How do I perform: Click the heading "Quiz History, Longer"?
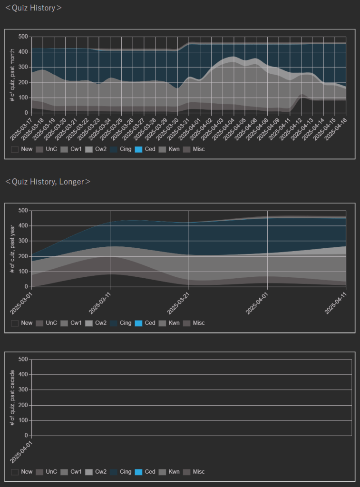point(48,182)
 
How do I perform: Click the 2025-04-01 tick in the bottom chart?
point(21,451)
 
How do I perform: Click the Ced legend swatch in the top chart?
point(138,149)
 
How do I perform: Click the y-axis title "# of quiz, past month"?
point(13,75)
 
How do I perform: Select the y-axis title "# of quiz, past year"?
point(13,248)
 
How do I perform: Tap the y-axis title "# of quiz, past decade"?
point(13,397)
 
